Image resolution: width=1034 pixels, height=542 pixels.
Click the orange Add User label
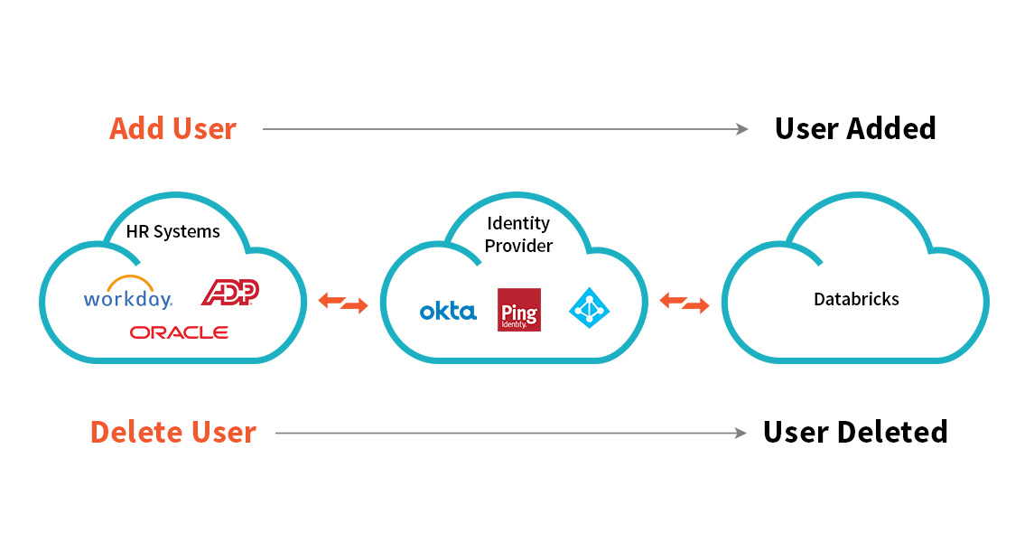(172, 129)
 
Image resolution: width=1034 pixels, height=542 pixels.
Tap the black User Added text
(855, 129)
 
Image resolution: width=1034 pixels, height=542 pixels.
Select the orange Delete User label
(173, 433)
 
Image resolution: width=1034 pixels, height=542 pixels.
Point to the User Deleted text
(855, 433)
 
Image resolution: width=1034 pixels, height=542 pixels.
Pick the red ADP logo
(230, 291)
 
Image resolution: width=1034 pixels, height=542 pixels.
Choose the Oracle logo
(179, 332)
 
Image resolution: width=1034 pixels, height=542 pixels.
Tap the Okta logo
(448, 312)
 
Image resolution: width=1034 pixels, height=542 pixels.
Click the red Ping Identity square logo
(519, 310)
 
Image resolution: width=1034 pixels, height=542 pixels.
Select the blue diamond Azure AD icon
(590, 307)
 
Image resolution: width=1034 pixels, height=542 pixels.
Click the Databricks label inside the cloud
(856, 299)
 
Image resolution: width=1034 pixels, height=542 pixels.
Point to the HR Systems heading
(173, 232)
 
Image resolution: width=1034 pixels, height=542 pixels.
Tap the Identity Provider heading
(519, 234)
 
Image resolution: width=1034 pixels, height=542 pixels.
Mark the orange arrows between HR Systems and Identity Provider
(343, 303)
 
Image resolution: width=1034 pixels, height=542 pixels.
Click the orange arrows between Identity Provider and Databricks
(684, 303)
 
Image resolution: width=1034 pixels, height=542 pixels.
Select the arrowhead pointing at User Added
(742, 129)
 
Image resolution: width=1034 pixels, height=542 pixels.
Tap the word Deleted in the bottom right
(899, 433)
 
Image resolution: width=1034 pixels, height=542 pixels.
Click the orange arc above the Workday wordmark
(130, 281)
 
